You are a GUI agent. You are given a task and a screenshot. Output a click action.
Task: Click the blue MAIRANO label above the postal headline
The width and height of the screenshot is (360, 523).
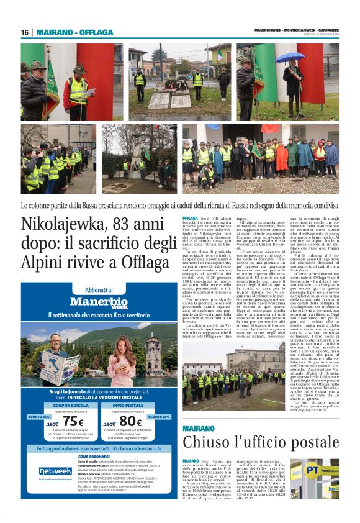click(x=199, y=428)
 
